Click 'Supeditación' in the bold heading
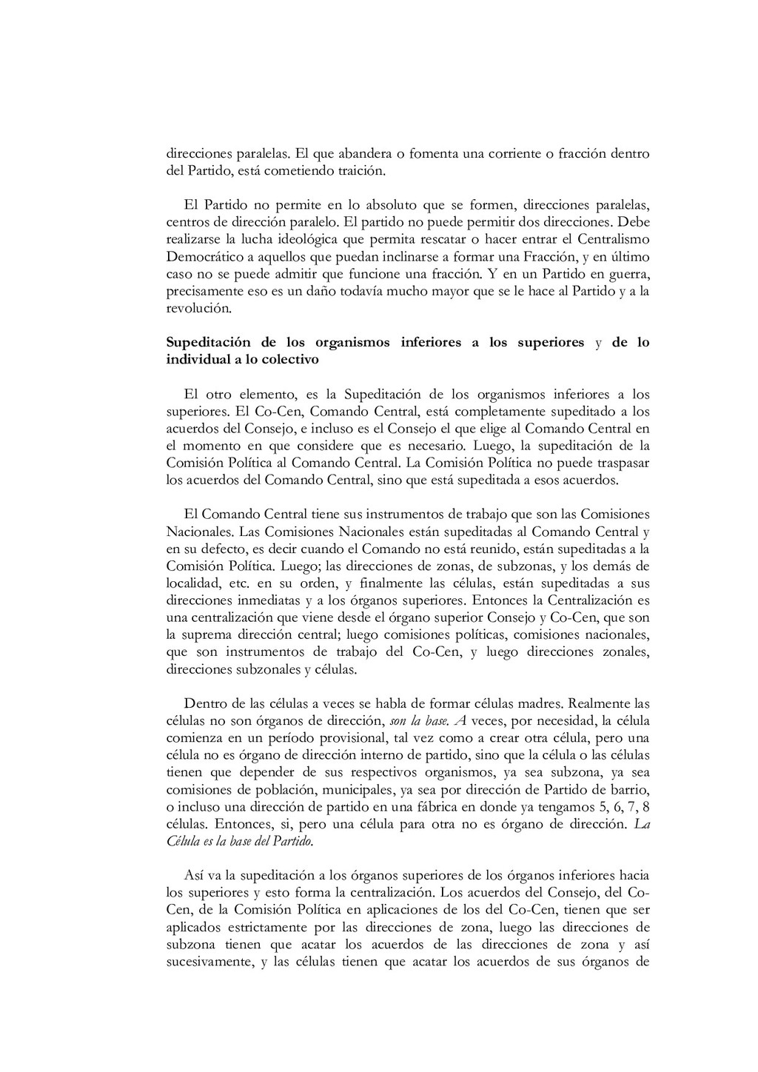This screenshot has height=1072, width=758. (x=208, y=343)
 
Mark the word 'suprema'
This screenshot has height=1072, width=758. (x=204, y=634)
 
